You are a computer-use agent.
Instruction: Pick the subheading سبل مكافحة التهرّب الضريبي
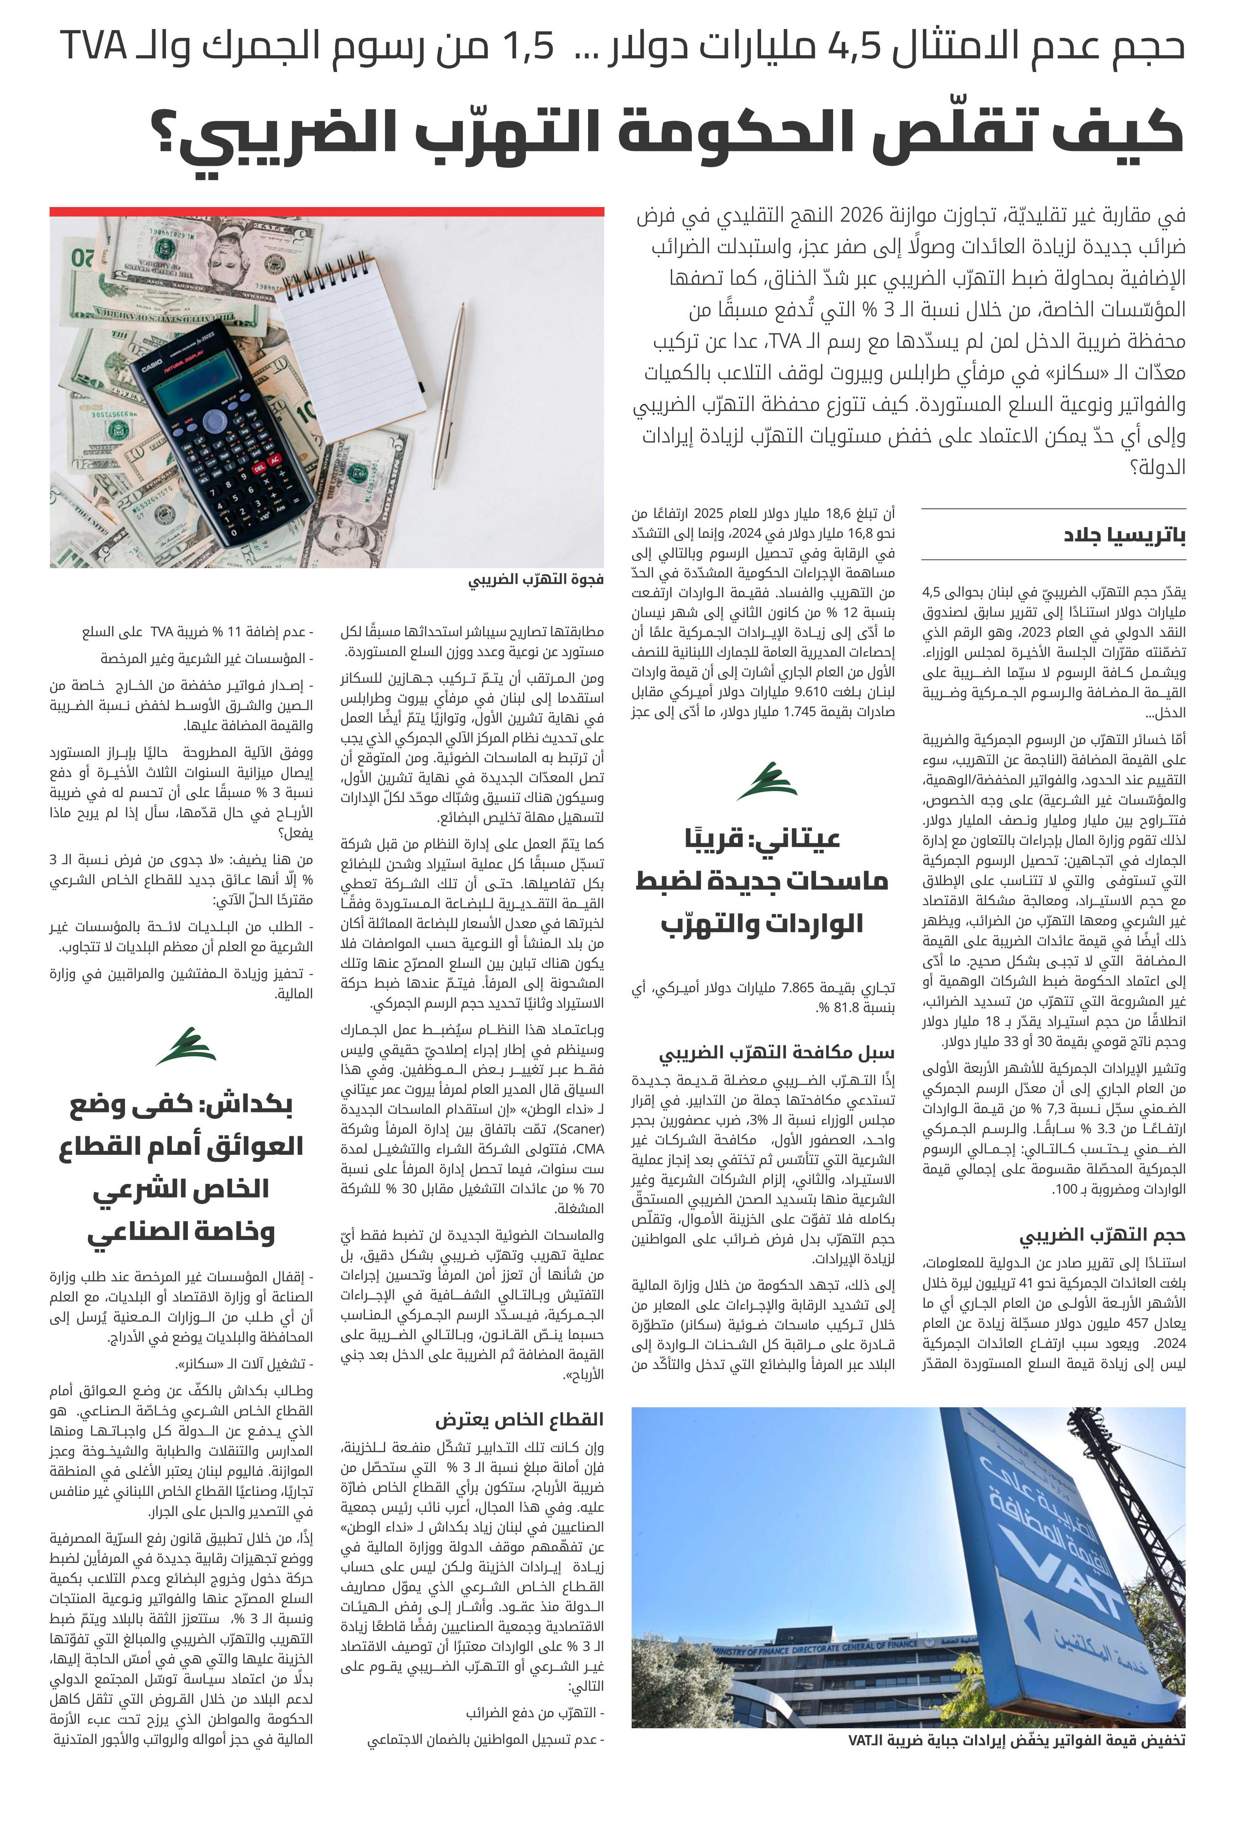(x=776, y=1051)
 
